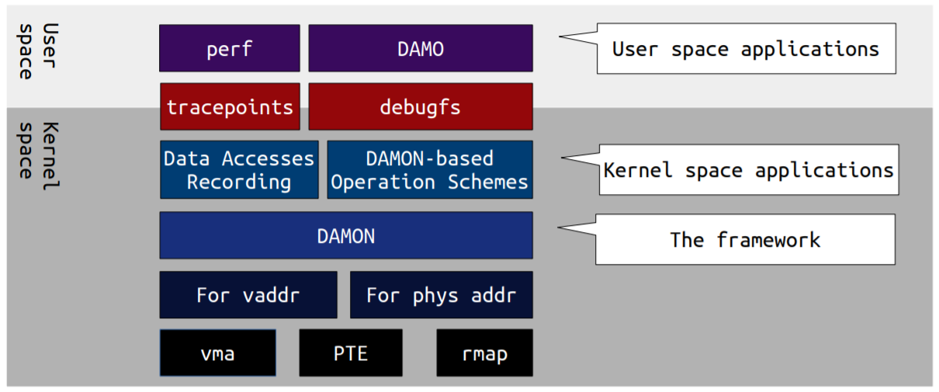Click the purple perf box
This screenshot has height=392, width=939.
229,48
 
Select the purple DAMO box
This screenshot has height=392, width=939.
420,48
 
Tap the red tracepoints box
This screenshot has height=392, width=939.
230,106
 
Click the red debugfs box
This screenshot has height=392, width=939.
420,106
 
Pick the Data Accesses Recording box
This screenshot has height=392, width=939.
239,170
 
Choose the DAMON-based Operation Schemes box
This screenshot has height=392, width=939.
429,170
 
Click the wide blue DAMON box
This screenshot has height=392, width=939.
345,235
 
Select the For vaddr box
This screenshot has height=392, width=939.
248,295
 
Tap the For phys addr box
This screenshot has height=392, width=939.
441,295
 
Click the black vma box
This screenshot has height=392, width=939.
217,353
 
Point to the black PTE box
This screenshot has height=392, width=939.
351,353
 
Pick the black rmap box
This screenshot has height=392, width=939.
484,353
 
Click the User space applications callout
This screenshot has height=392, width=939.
745,49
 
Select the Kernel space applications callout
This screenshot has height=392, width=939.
748,169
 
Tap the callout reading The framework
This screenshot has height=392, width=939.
744,239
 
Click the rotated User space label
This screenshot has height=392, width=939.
37,50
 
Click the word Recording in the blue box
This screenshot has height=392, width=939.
239,182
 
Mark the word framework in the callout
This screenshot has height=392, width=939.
767,239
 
